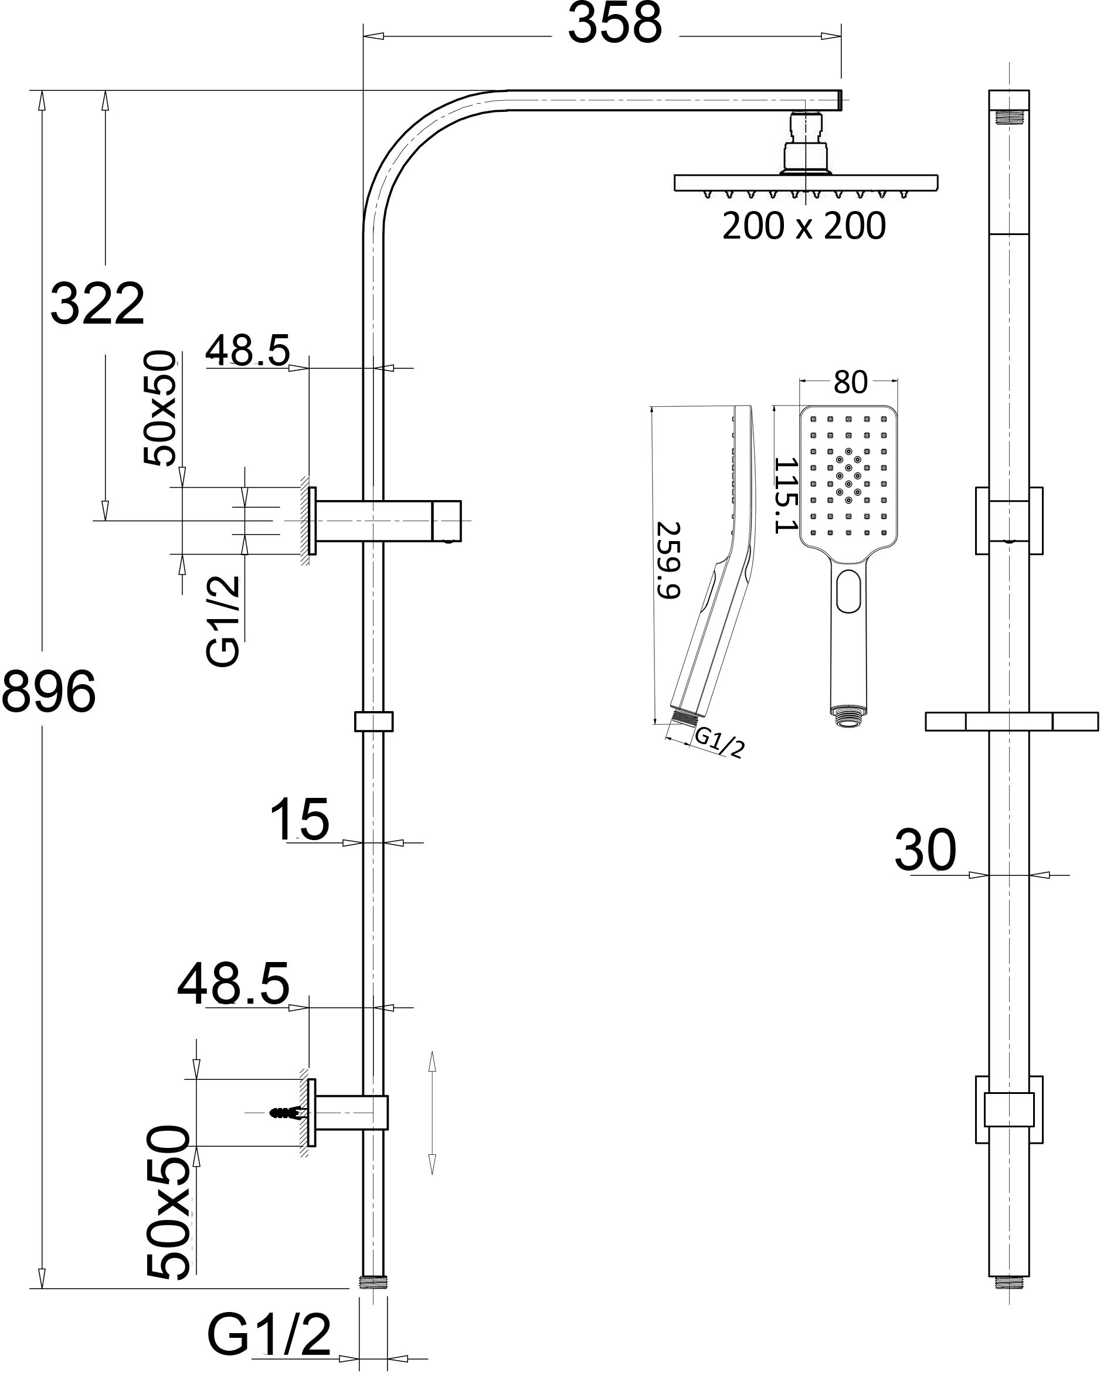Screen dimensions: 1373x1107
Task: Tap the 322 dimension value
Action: pos(97,304)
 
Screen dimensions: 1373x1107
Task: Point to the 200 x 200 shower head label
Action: pos(804,226)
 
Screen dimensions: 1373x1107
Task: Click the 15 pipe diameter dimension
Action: pos(300,820)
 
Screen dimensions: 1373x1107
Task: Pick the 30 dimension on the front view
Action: pos(925,850)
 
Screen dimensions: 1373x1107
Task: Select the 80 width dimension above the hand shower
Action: pos(850,382)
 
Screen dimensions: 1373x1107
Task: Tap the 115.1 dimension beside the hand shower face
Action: pos(785,495)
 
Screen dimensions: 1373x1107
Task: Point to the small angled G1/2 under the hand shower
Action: pos(719,742)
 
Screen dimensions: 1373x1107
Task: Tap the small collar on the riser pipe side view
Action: pos(373,722)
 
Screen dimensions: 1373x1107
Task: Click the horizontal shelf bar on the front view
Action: pos(1011,722)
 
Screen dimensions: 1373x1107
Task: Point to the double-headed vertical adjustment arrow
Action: pos(432,1112)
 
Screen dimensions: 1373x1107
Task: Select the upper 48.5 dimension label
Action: pos(247,350)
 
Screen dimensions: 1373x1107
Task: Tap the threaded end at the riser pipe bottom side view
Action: pos(373,1282)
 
